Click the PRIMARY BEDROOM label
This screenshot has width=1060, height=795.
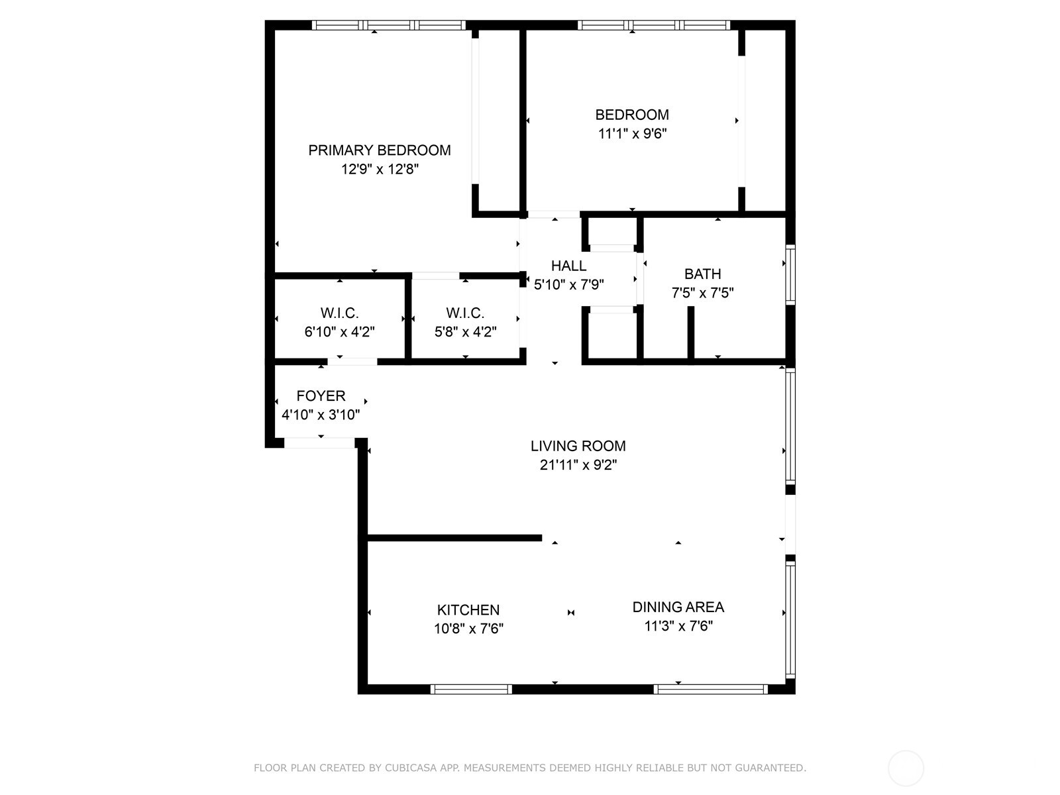click(379, 150)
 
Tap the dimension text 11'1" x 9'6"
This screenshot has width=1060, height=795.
click(632, 134)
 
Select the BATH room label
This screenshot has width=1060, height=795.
click(702, 274)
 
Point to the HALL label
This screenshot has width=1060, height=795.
click(568, 266)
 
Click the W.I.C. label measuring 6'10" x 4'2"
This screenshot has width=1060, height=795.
click(339, 313)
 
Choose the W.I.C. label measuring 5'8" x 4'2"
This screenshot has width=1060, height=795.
click(465, 313)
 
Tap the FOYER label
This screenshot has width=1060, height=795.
click(321, 396)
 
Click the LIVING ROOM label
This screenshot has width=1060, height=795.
click(578, 446)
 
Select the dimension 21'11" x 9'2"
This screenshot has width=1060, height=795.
click(578, 465)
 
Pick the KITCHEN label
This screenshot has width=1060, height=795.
click(468, 609)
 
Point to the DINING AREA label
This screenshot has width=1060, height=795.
click(678, 607)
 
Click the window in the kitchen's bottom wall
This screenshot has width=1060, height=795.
click(471, 689)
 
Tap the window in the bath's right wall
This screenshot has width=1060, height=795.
click(790, 275)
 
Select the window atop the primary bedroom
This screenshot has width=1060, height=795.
click(389, 25)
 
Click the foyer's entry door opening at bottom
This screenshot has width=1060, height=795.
click(320, 443)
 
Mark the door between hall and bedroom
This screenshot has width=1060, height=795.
click(554, 214)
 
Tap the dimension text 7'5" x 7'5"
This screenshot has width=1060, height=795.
click(702, 293)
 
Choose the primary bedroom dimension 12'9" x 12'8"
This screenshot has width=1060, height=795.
click(379, 170)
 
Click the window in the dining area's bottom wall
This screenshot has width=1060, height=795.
click(710, 689)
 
